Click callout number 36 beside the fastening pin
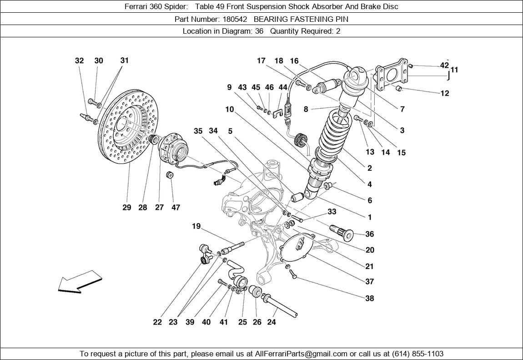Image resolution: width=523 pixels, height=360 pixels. [370, 234]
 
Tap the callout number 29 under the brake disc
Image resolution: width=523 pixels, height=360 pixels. [126, 208]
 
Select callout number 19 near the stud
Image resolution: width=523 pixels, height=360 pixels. [196, 226]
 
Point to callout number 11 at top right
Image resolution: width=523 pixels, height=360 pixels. [454, 70]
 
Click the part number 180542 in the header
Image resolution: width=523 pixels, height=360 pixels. [235, 19]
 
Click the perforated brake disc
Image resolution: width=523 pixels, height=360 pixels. [125, 127]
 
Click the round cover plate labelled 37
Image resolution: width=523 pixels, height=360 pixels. [297, 247]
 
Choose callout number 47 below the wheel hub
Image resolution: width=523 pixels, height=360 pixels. [176, 208]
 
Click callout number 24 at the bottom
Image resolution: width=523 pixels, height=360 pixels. [272, 322]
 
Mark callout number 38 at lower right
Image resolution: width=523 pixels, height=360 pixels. [370, 299]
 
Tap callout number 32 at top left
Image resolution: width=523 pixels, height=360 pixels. [79, 61]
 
